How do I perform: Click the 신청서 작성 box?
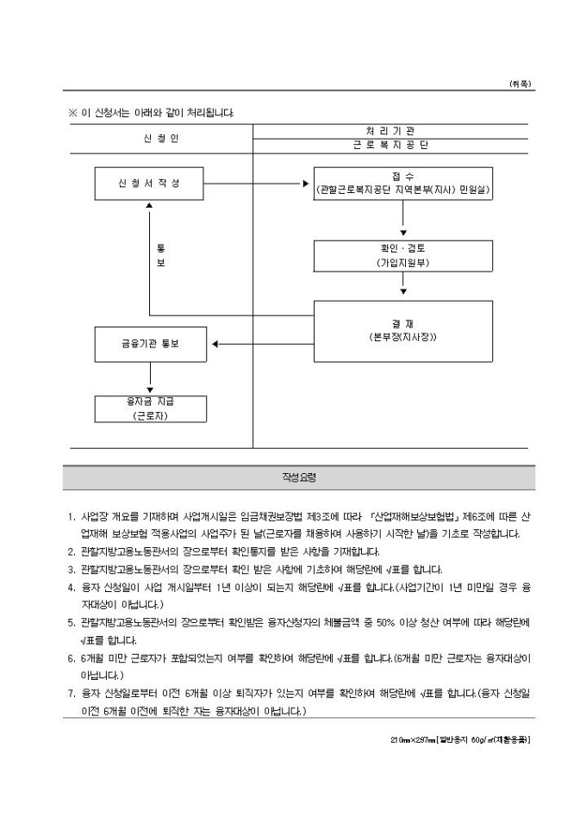[149, 184]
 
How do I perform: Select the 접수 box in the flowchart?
[403, 184]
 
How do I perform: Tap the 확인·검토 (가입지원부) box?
[403, 257]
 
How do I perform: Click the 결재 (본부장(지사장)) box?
[403, 331]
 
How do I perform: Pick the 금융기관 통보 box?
[150, 344]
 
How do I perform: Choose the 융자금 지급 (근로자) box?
[150, 408]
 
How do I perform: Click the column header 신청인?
[161, 139]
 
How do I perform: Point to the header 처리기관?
[390, 131]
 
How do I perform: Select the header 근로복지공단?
[390, 146]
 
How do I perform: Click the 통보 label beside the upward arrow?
[161, 255]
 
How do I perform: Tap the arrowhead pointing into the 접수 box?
[306, 184]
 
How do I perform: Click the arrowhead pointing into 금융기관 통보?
[215, 344]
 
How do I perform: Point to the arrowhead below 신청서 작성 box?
[150, 205]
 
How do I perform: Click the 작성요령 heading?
[299, 477]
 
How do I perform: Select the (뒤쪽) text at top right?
[520, 84]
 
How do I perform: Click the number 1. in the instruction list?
[72, 516]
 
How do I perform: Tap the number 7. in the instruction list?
[72, 694]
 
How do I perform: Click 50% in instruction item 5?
[385, 623]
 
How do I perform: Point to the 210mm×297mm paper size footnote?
[460, 740]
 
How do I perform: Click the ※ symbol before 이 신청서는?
[72, 113]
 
